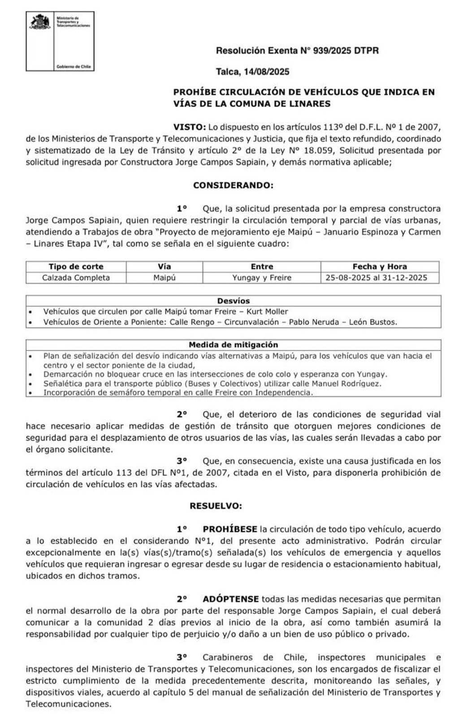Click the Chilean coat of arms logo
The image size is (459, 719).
point(40,22)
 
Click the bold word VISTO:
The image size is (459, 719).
point(189,127)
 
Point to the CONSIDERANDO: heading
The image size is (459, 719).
point(233,185)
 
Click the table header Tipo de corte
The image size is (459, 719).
point(76,267)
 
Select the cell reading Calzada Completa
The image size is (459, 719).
point(76,278)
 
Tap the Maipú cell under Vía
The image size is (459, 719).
point(164,278)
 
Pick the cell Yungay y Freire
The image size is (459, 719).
point(261,278)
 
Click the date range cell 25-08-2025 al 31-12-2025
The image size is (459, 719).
point(376,278)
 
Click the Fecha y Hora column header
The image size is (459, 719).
point(379,267)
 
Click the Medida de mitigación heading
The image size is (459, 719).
point(233,345)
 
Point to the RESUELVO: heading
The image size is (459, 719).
point(216,506)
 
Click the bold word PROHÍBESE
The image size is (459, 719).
point(230,529)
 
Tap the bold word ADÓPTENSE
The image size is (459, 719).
point(230,599)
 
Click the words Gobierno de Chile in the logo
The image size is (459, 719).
point(74,66)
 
